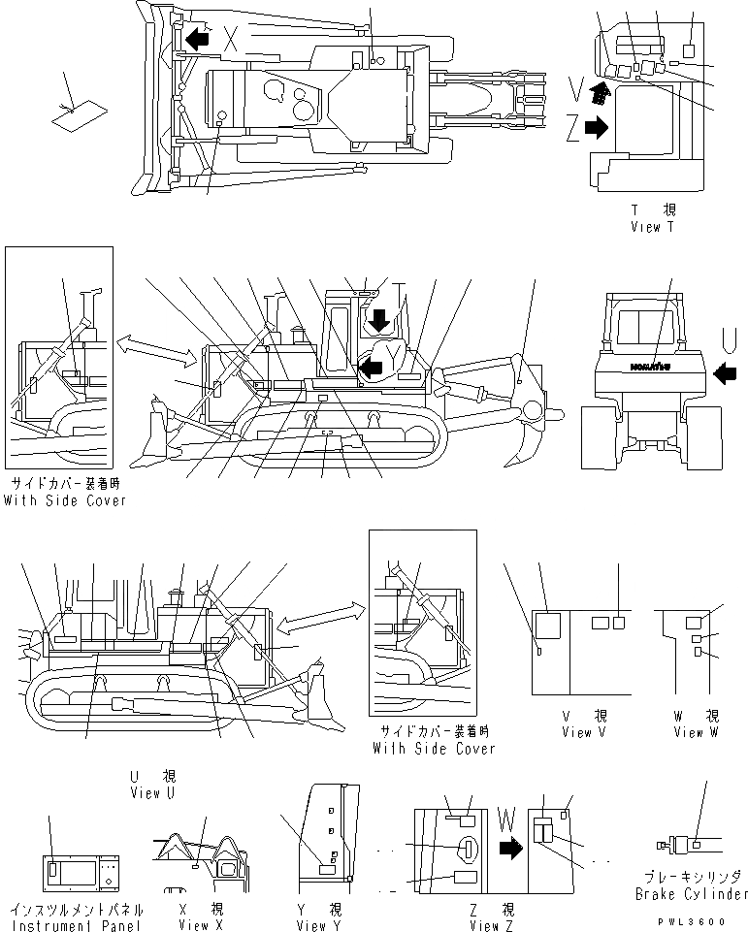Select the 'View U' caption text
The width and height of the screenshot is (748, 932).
tap(152, 792)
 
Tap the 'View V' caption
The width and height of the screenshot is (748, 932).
tap(583, 732)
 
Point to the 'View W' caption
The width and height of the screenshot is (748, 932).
tap(696, 732)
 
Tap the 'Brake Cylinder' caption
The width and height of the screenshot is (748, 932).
tap(692, 893)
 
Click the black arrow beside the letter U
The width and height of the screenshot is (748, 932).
tap(725, 370)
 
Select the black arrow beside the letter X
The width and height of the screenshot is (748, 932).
tap(199, 39)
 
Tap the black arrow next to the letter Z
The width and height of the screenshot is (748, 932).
tap(597, 125)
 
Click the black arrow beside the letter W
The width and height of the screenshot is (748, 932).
tap(509, 850)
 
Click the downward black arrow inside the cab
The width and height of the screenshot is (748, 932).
tap(379, 319)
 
